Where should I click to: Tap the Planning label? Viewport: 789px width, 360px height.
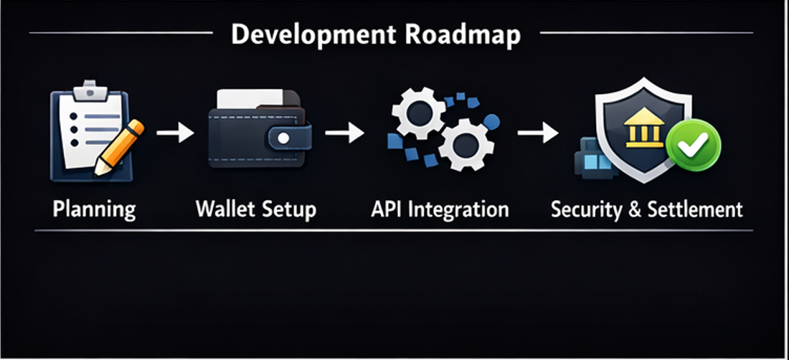click(x=94, y=209)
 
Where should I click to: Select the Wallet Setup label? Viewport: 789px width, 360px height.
click(x=255, y=209)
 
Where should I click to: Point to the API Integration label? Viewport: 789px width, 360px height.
click(x=440, y=209)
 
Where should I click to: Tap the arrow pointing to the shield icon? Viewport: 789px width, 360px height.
click(x=538, y=133)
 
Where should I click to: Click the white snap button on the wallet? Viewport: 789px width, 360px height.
click(x=284, y=137)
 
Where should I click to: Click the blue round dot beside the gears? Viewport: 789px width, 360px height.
click(x=491, y=123)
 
